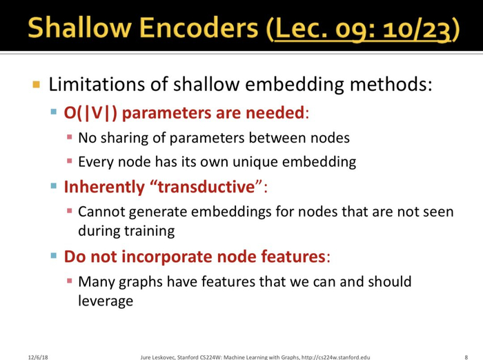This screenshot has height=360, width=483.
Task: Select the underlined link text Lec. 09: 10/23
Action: tap(362, 29)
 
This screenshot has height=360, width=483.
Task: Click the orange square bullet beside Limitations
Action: tap(36, 84)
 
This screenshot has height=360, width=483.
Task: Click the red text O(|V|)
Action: tap(90, 112)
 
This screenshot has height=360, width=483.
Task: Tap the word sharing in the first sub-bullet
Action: tap(124, 138)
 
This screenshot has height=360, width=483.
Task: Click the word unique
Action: tap(255, 161)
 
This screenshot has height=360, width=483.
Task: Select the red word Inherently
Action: tap(104, 187)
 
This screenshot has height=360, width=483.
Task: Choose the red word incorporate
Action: tap(188, 257)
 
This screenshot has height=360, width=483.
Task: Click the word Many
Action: tap(97, 282)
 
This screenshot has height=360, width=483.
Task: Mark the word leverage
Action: tap(106, 301)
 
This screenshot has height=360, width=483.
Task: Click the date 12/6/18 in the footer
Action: tap(38, 357)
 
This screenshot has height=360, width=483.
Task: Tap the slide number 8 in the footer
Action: tap(466, 357)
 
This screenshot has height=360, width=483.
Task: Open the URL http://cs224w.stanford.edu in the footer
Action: tap(336, 357)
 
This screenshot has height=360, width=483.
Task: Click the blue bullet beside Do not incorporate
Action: tap(54, 256)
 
